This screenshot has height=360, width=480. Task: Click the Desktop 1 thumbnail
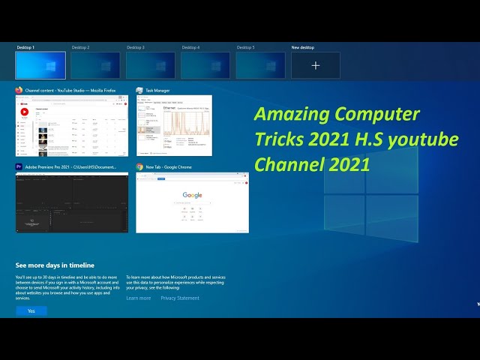click(x=40, y=65)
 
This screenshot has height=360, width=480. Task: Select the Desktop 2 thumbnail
click(x=95, y=65)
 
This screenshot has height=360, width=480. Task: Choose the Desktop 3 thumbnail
click(x=150, y=65)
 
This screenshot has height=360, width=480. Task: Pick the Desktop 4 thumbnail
click(x=205, y=65)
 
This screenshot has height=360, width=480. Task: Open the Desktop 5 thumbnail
click(x=260, y=65)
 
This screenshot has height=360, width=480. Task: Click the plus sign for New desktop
click(x=316, y=66)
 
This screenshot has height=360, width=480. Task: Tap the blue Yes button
click(x=31, y=310)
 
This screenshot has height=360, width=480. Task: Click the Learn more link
click(x=138, y=298)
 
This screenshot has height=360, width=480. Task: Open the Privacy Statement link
click(x=180, y=298)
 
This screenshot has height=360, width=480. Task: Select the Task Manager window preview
click(x=174, y=125)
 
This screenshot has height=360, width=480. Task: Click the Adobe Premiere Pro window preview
click(x=72, y=202)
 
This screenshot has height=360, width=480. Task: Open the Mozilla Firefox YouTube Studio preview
click(x=72, y=125)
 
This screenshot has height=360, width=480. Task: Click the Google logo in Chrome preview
click(x=192, y=195)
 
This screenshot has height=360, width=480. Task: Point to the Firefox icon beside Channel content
click(x=19, y=90)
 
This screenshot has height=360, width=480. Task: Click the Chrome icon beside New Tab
click(x=139, y=166)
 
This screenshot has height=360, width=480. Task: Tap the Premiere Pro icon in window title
click(x=19, y=166)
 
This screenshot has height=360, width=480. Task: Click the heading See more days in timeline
click(x=55, y=265)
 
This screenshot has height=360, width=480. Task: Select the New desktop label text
click(x=303, y=47)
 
